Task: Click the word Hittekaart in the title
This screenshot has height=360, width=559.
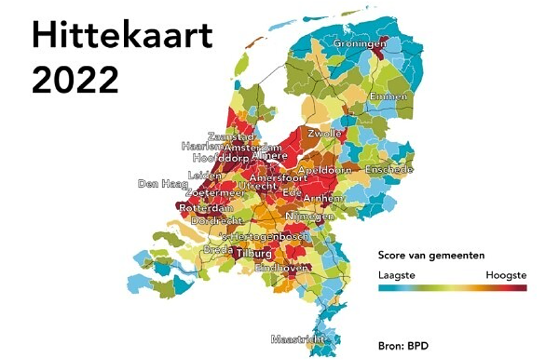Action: click(121, 37)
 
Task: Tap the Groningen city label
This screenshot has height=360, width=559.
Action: click(359, 43)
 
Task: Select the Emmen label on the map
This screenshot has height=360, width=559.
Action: click(388, 96)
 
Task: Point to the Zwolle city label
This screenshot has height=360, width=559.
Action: click(325, 134)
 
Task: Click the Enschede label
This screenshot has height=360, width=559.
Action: click(389, 170)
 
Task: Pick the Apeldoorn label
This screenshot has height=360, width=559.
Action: click(325, 170)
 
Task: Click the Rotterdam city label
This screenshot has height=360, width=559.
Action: click(205, 209)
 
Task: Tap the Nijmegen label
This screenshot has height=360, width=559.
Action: click(310, 216)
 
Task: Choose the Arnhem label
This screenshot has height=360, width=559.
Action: click(323, 199)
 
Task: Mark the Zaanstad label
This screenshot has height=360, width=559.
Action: click(231, 137)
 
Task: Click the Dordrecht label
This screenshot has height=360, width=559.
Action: click(217, 221)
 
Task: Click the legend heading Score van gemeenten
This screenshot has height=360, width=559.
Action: click(431, 255)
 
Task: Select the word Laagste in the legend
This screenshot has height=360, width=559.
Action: click(397, 275)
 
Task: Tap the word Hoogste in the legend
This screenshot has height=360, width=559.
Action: click(506, 275)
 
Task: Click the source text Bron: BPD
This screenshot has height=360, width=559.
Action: click(403, 346)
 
